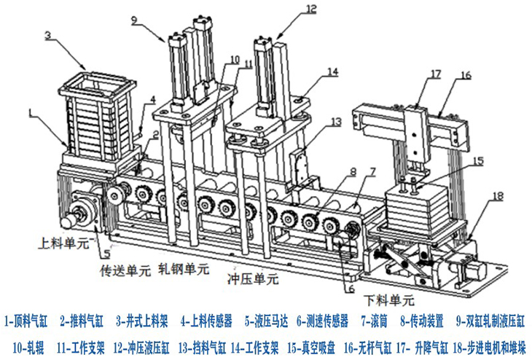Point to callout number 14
point(332,72)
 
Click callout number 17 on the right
point(435,73)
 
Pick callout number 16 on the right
point(466,74)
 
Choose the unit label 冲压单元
point(253,278)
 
